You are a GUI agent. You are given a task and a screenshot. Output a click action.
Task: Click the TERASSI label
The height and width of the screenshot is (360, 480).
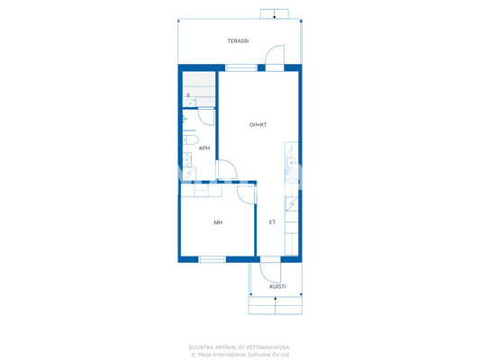(x=238, y=41)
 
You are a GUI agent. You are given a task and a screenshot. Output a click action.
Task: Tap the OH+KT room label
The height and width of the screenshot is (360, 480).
(x=258, y=124)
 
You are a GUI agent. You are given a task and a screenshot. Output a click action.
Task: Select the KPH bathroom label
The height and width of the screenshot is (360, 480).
(x=204, y=148)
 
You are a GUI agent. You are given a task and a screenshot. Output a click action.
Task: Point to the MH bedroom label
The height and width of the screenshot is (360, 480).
(x=218, y=222)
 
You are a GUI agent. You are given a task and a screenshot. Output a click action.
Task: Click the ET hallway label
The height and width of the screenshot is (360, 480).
(x=272, y=222)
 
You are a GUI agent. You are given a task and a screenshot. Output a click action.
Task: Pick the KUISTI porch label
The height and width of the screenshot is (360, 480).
(x=277, y=286)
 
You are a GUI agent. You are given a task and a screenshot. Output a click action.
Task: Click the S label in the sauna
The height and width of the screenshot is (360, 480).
(x=188, y=94)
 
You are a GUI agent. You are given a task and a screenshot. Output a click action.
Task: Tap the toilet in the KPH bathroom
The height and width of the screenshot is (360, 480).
(x=190, y=140)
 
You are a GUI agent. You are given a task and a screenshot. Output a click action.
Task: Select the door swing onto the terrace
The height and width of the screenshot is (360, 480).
(x=274, y=58)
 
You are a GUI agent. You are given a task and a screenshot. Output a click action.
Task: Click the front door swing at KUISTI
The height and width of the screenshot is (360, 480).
(x=270, y=268)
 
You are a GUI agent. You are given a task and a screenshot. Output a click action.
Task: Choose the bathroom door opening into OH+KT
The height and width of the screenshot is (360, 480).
(x=227, y=168)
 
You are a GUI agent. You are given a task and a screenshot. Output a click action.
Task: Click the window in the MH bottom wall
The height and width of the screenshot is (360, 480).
(x=212, y=259)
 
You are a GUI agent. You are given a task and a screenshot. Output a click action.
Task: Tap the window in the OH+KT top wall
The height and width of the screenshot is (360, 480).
(x=240, y=67)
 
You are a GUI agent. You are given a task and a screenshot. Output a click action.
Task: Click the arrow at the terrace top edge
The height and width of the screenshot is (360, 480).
(x=274, y=14)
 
